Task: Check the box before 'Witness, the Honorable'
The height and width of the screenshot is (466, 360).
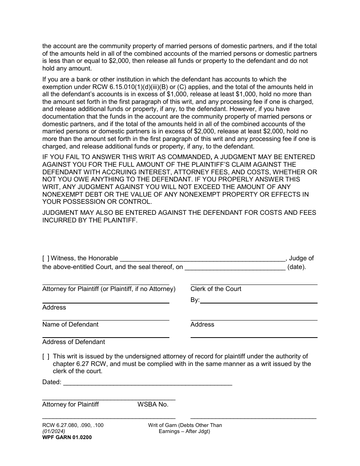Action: click(x=46, y=258)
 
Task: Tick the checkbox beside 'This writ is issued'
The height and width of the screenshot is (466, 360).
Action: click(x=46, y=356)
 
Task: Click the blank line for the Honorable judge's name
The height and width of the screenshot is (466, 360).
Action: click(x=202, y=259)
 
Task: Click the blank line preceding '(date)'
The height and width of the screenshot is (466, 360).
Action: click(x=235, y=267)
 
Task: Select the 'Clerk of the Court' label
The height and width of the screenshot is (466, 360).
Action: click(x=216, y=289)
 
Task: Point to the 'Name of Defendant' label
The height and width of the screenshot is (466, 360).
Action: click(x=70, y=324)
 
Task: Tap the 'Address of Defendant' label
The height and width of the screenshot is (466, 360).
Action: click(x=74, y=342)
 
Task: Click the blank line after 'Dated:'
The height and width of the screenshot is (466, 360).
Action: click(x=147, y=383)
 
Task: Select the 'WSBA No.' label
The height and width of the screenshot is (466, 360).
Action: click(x=153, y=404)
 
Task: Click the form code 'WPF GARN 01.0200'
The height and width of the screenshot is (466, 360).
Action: click(x=67, y=437)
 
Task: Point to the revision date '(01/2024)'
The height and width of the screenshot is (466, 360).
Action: click(x=53, y=431)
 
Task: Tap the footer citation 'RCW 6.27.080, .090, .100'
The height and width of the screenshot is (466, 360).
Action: click(x=73, y=425)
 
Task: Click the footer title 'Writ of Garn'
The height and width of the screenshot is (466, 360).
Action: click(x=185, y=425)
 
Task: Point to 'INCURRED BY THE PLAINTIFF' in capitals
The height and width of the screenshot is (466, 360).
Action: click(x=89, y=220)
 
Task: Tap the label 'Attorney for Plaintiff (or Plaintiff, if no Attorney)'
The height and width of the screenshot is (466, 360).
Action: click(x=109, y=289)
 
